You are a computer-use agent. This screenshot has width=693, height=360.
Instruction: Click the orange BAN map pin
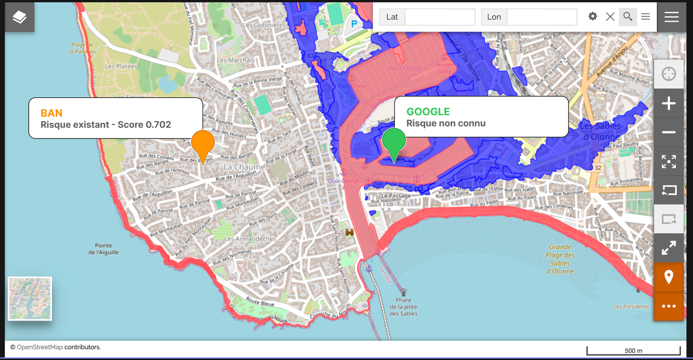coord(202,143)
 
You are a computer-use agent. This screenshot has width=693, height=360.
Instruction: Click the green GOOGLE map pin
coord(394,141)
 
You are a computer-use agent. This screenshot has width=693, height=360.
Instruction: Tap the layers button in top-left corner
coord(19,17)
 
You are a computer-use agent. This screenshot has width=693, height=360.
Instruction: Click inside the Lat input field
coord(440,17)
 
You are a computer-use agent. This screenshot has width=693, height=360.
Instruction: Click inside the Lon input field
coord(541,17)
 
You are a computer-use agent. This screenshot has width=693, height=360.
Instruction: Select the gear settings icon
coord(593,16)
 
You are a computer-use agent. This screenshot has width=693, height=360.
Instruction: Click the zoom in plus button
coord(669,103)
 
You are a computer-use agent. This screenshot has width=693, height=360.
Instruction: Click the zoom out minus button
coord(669,133)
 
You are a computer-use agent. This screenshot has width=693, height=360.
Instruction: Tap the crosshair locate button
coord(669,74)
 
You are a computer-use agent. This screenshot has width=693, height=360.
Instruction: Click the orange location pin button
coord(669,277)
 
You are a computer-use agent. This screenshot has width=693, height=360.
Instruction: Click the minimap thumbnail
coord(30,298)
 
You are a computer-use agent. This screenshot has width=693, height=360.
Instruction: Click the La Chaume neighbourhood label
coord(244,167)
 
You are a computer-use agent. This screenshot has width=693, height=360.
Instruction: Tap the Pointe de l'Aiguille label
coord(103,249)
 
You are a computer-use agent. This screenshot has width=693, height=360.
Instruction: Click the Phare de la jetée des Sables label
coord(403,307)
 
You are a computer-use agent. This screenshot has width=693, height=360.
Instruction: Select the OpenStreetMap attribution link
coord(40,347)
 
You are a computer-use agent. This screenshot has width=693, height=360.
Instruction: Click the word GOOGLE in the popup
coord(428,112)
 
